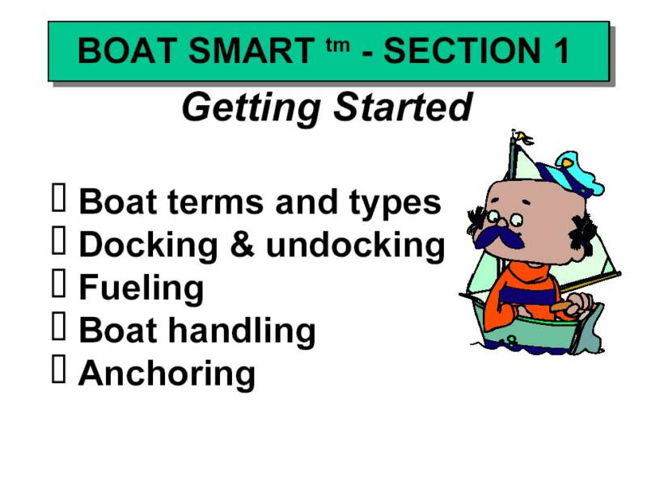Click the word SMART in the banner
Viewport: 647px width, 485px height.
(252, 51)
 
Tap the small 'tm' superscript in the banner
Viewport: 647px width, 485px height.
(337, 45)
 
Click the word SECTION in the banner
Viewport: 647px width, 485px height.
(462, 51)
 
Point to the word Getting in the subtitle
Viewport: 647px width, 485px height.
(252, 108)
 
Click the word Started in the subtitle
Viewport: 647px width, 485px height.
(403, 107)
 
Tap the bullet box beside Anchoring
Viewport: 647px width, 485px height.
(58, 369)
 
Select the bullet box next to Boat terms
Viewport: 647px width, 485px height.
(58, 198)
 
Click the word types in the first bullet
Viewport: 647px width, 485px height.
(395, 204)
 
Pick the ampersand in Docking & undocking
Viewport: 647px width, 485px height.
(242, 245)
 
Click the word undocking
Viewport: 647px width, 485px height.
(355, 246)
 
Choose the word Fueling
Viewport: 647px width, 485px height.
(141, 289)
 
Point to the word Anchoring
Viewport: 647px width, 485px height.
(167, 374)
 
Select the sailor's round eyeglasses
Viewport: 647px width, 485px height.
(504, 218)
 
